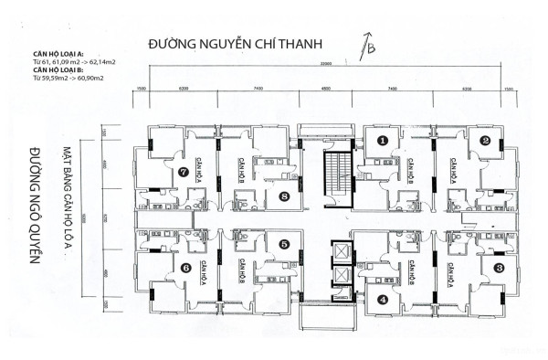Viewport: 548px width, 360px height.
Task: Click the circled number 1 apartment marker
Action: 383,141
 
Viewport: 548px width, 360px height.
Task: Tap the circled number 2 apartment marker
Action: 485,141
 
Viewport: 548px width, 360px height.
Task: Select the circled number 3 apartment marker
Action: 498,268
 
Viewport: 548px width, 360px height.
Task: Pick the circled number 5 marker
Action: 285,244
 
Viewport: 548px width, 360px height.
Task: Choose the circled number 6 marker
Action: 186,268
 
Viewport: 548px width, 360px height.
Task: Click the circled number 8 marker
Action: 285,196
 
